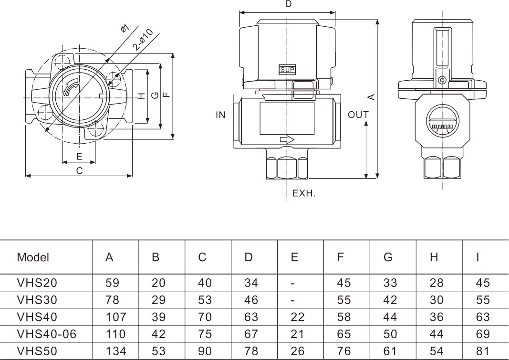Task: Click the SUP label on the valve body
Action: [287, 70]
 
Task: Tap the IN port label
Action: [220, 115]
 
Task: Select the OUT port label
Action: [358, 115]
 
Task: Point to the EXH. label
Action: [304, 193]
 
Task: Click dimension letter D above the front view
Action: [288, 4]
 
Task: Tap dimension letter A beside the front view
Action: [373, 97]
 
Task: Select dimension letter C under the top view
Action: [79, 170]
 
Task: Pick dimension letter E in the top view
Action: [79, 156]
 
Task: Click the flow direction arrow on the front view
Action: [287, 140]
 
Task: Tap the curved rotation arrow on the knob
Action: [70, 88]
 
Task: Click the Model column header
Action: [33, 257]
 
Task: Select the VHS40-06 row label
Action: [46, 334]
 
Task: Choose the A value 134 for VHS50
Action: [115, 351]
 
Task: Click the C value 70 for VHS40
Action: [205, 317]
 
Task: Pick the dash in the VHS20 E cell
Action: [293, 284]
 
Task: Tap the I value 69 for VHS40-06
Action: [483, 334]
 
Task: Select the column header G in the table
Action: [388, 257]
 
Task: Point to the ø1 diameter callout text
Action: [125, 28]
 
